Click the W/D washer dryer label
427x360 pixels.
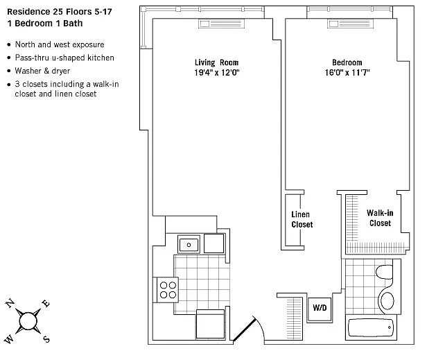[320, 308]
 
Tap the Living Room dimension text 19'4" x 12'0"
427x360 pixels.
[217, 73]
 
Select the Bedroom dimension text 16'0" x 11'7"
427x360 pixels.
[347, 73]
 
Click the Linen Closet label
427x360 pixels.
[302, 219]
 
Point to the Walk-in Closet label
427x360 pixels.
[380, 218]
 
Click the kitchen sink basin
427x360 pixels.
[189, 244]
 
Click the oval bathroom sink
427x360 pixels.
[387, 300]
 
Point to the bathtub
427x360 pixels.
[371, 328]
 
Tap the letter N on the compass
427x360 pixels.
[10, 303]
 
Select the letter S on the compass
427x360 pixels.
[46, 339]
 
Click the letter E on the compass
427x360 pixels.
[46, 303]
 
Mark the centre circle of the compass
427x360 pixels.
[28, 321]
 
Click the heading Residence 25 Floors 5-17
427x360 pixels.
[60, 12]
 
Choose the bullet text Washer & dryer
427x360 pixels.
[42, 71]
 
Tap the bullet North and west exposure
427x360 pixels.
[60, 44]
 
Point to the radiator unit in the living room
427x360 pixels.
[221, 24]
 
